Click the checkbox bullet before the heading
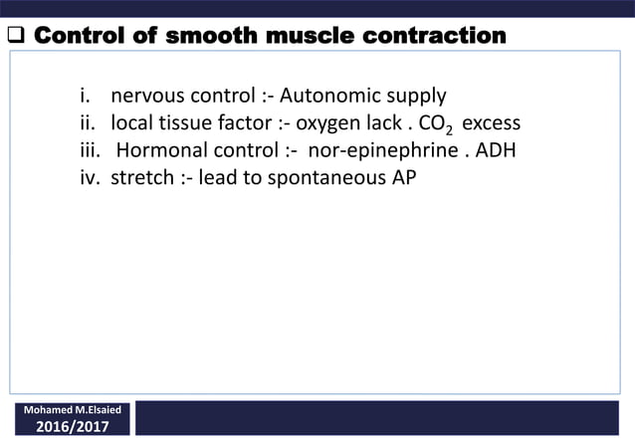17,38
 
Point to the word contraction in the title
433,37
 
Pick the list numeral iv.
92,180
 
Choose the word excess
492,124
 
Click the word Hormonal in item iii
162,152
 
